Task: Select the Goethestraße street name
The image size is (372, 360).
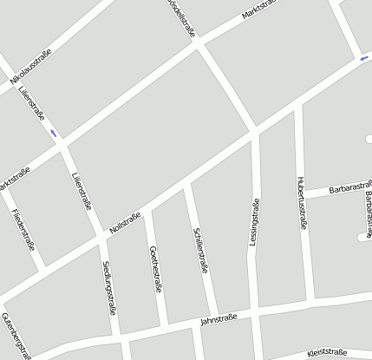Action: pyautogui.click(x=156, y=270)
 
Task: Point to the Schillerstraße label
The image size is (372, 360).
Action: pyautogui.click(x=201, y=249)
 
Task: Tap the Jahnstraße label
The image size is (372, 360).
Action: pyautogui.click(x=219, y=318)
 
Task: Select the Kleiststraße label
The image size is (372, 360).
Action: pyautogui.click(x=327, y=353)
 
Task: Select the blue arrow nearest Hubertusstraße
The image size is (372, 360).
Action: pyautogui.click(x=363, y=59)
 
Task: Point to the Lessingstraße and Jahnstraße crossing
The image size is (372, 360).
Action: pyautogui.click(x=255, y=317)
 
